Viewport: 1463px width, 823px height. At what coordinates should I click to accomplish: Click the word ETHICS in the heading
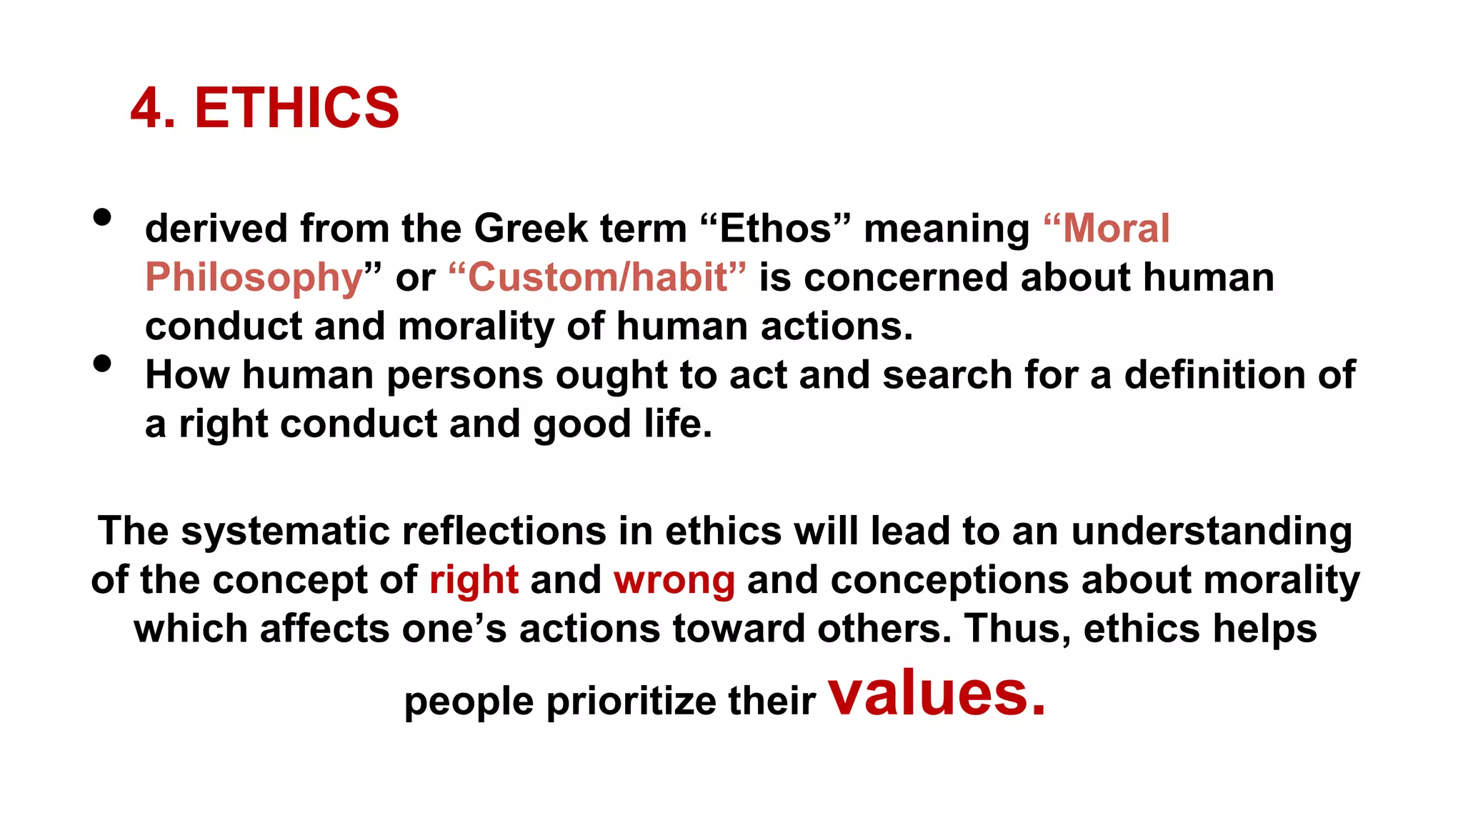(x=296, y=108)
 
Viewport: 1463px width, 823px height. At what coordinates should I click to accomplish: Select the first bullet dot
(x=102, y=217)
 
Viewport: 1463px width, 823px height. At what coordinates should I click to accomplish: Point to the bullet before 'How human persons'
(x=102, y=364)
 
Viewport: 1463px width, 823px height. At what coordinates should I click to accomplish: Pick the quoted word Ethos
(x=776, y=229)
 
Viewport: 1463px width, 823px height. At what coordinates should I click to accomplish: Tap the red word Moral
(x=1116, y=229)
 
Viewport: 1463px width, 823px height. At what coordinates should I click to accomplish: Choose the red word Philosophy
(x=254, y=278)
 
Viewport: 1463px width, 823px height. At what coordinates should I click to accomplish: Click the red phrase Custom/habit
(x=597, y=277)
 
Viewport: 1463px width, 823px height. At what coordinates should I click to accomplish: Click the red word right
(x=474, y=580)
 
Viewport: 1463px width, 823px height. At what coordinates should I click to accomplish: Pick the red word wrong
(x=674, y=580)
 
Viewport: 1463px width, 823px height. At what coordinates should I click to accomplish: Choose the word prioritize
(x=631, y=702)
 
